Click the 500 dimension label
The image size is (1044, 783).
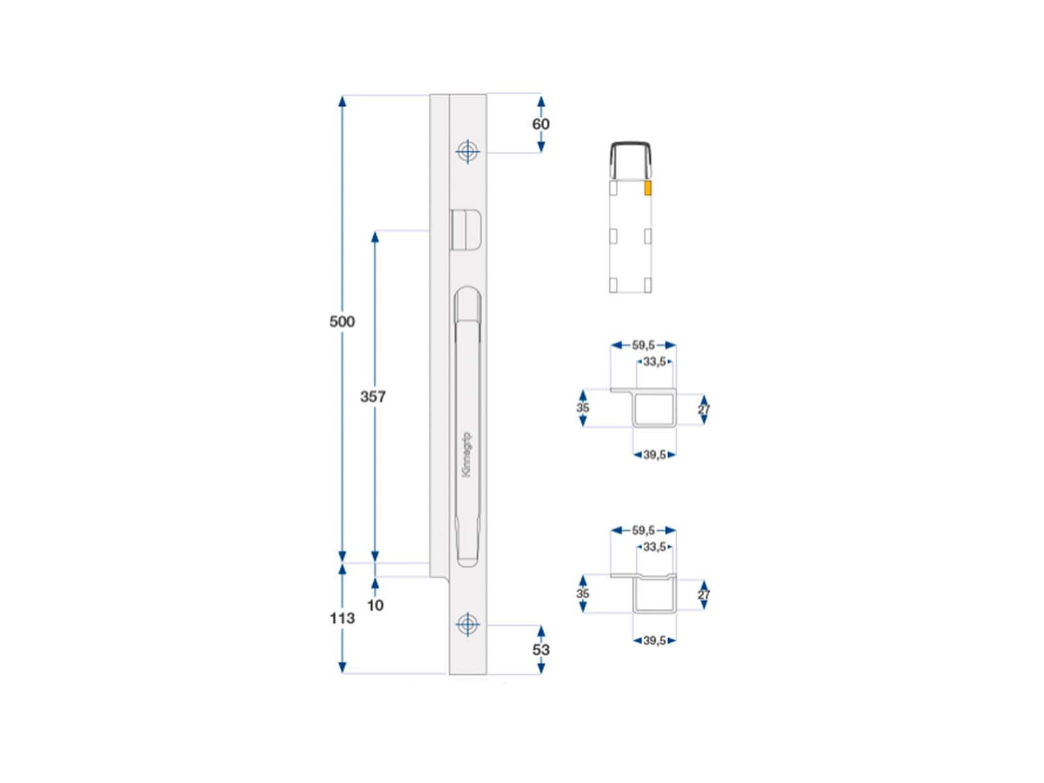pyautogui.click(x=342, y=322)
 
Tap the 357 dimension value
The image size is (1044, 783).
pyautogui.click(x=373, y=397)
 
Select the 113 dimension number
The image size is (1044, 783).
pyautogui.click(x=342, y=618)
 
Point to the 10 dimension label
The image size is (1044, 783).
pyautogui.click(x=375, y=606)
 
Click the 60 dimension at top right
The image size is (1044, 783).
pyautogui.click(x=541, y=124)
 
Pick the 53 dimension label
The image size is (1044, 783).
pyautogui.click(x=541, y=650)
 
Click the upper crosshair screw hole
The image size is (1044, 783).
pyautogui.click(x=468, y=151)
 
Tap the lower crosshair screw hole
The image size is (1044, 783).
pyautogui.click(x=468, y=624)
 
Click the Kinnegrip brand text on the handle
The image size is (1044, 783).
pyautogui.click(x=467, y=454)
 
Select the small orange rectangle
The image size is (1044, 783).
pyautogui.click(x=647, y=189)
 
